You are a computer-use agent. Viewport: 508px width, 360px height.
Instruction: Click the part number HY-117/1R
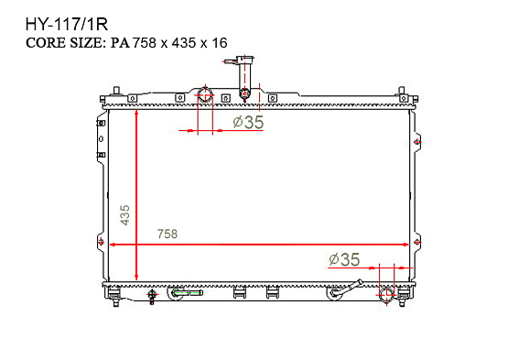(67, 25)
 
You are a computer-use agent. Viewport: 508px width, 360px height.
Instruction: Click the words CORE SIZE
(65, 43)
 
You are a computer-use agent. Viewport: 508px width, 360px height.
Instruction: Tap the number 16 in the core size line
(220, 43)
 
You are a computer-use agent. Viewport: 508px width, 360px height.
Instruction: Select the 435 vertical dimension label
(124, 214)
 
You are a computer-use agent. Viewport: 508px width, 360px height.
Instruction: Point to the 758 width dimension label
(168, 234)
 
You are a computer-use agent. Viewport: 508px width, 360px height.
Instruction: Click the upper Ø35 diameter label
(248, 122)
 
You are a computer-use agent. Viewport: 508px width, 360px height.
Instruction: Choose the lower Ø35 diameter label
(344, 259)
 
